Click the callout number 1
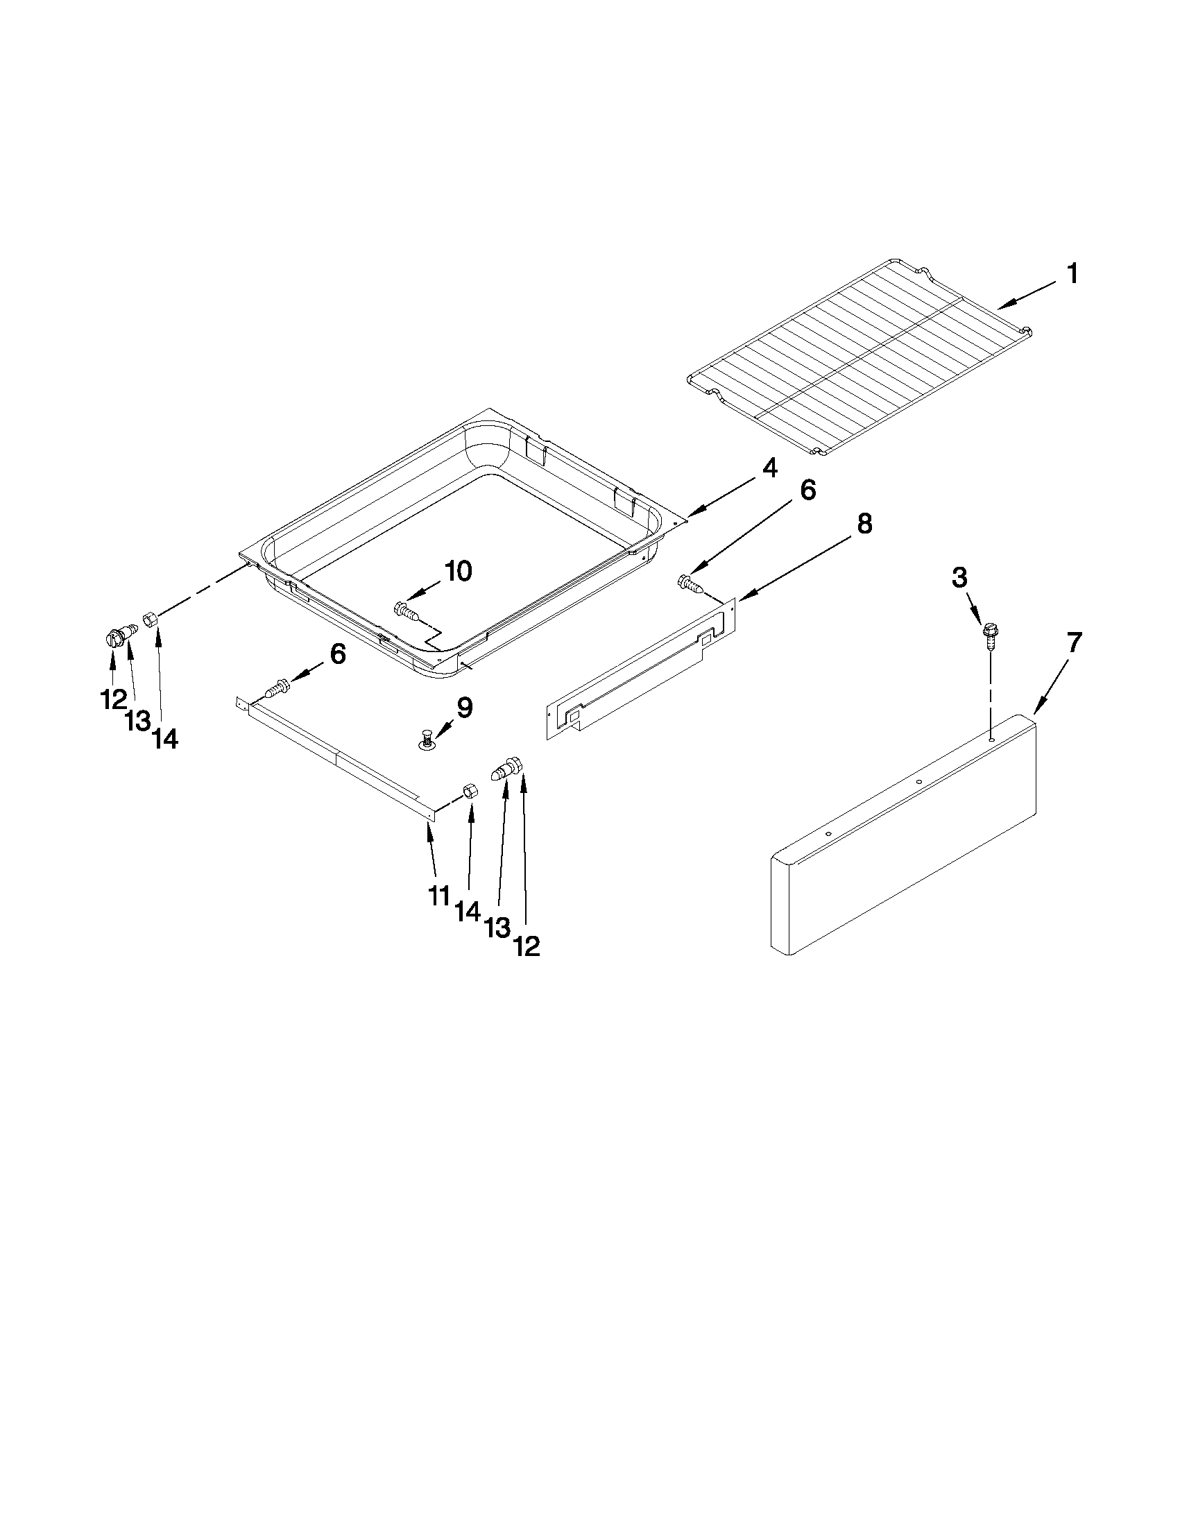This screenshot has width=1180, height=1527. pyautogui.click(x=1071, y=274)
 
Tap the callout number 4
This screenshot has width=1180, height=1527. pyautogui.click(x=769, y=468)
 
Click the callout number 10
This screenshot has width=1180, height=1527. pyautogui.click(x=458, y=571)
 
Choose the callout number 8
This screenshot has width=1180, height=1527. pyautogui.click(x=864, y=524)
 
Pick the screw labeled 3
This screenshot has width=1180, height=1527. pyautogui.click(x=989, y=633)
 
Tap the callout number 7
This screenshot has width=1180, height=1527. pyautogui.click(x=1074, y=642)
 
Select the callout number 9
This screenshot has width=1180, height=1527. pyautogui.click(x=464, y=708)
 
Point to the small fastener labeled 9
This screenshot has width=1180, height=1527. pyautogui.click(x=426, y=738)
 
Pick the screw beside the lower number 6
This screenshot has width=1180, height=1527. pyautogui.click(x=276, y=689)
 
